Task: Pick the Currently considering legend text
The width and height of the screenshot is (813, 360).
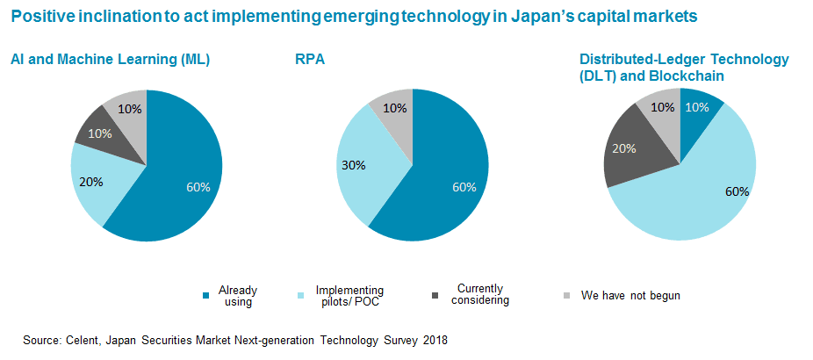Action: click(x=479, y=294)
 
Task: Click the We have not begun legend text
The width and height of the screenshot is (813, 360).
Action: click(x=630, y=295)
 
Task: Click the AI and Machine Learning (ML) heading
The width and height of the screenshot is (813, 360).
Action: click(x=110, y=60)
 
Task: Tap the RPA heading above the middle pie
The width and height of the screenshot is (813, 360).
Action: click(x=308, y=60)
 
